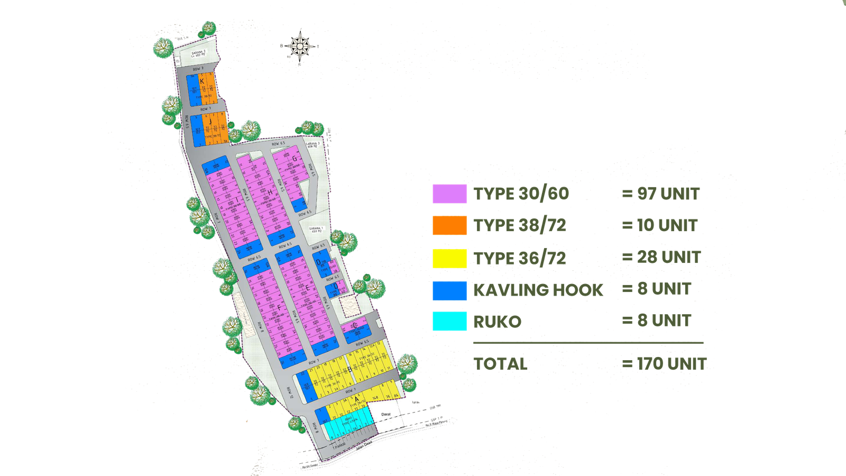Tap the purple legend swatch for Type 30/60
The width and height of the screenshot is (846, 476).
coord(449,194)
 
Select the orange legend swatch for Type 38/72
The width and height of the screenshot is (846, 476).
coord(449,226)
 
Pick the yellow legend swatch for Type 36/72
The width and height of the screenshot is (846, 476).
coord(449,258)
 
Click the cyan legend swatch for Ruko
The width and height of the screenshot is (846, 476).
coord(449,321)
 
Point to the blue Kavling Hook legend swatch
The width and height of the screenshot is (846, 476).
coord(449,290)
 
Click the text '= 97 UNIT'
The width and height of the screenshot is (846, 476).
coord(660,194)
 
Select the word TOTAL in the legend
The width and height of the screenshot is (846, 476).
coord(501,364)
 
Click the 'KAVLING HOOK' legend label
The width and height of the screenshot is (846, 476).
coord(538,290)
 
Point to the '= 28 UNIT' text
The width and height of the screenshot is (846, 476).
coord(661,258)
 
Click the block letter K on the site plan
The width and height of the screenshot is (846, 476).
coord(202,81)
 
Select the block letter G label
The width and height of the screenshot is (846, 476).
coord(295,159)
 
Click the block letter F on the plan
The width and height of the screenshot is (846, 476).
coord(279,307)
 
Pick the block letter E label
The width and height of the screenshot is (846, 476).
coord(307,288)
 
